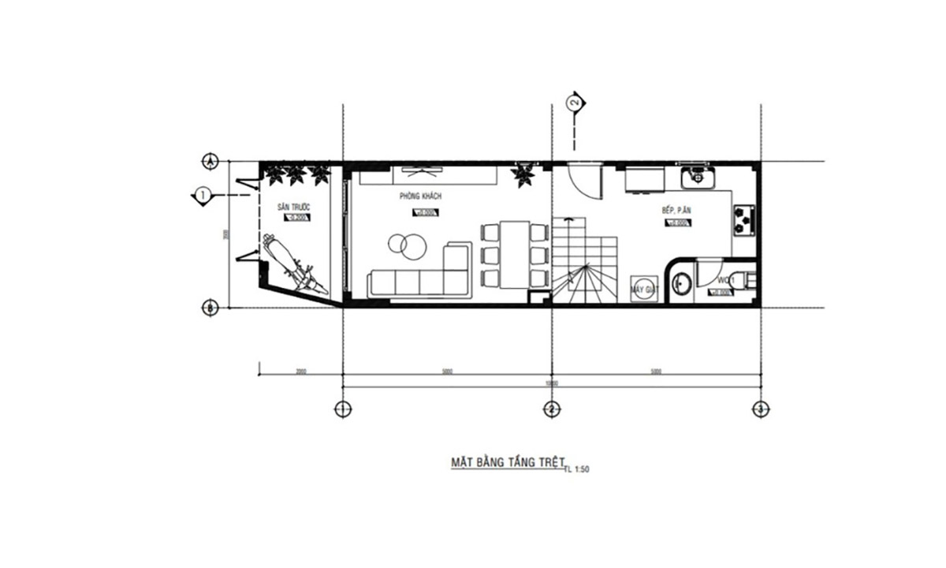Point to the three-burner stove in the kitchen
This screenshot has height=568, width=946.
pos(743,221)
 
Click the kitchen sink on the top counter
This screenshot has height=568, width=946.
pos(697,177)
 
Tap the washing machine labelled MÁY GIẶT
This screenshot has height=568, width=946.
pos(643,290)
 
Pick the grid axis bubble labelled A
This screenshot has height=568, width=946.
pos(210,161)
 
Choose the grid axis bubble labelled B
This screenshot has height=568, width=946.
pos(210,308)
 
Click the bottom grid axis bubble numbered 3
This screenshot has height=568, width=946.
pos(759,409)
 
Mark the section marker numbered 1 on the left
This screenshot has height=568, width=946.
pos(203,194)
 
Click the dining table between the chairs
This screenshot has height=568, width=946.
pos(516,254)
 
